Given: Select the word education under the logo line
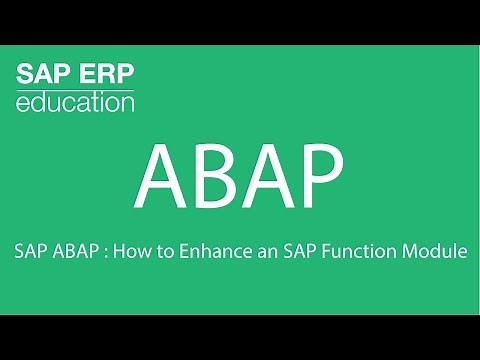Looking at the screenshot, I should [75, 103].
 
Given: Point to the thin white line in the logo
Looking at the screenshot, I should [75, 89].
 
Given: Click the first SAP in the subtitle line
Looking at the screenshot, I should [30, 253].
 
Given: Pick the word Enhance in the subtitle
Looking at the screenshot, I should [207, 253].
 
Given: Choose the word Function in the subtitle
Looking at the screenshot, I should [343, 253].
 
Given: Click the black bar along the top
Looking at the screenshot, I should [240, 22].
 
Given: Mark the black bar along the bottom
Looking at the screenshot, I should [240, 337].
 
